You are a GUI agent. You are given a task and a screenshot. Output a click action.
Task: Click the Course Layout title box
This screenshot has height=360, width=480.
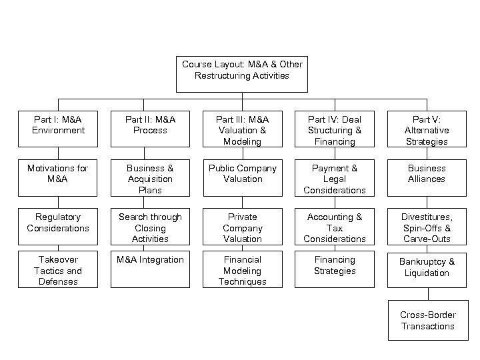coord(242,73)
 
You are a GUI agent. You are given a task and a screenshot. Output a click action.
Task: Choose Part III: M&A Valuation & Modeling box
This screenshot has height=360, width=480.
coord(242,130)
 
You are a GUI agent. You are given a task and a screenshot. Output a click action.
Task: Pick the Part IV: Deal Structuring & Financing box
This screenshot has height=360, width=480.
coord(334,130)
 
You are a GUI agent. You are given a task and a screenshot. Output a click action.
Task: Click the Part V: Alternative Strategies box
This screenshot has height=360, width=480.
coord(427,130)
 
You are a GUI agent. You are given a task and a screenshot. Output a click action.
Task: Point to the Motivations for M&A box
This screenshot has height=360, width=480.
coord(58,177)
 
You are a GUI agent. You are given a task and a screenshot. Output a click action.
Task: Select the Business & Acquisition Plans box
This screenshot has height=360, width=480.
coord(150,179)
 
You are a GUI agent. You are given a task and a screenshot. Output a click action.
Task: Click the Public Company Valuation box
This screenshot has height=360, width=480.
coord(242,177)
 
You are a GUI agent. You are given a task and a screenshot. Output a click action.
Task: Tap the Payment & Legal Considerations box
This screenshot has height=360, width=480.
coord(334,179)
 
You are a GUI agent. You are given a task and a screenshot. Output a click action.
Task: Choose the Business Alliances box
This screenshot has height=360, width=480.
coord(427,177)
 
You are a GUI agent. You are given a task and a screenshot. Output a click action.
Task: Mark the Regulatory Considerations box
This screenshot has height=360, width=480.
coord(58,226)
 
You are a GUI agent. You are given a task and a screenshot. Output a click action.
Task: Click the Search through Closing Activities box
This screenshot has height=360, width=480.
coord(150,227)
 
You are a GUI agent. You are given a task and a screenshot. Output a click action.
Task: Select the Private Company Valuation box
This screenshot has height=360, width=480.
coord(242,227)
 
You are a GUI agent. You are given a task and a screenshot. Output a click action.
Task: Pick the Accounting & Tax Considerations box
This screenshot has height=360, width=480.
coord(334,227)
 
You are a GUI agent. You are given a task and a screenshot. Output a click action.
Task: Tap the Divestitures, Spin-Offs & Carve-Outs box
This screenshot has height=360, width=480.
coord(427,227)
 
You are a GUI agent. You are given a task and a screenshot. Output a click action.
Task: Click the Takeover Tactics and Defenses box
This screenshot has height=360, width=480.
coord(58,270)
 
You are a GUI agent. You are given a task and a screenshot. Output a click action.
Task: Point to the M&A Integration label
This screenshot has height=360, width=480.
coord(150,259)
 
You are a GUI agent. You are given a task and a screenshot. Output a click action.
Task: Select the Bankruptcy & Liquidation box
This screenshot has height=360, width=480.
coord(427,269)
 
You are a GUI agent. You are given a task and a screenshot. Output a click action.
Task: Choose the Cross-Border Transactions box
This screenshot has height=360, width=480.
coord(427,321)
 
